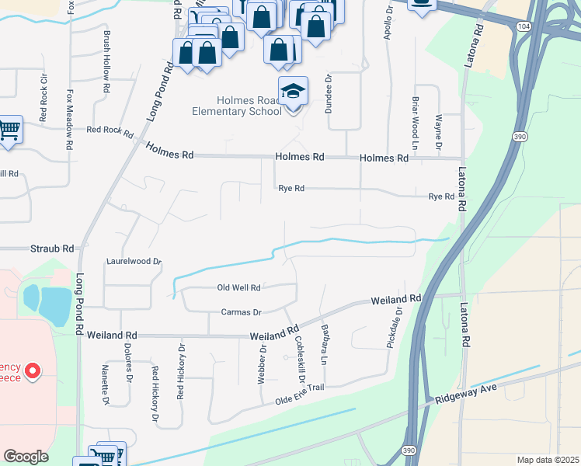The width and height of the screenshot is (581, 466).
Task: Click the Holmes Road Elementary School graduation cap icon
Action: [x=293, y=92]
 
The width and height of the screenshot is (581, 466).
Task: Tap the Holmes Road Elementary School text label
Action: [x=237, y=105]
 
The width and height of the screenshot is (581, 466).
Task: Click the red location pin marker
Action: [x=32, y=371]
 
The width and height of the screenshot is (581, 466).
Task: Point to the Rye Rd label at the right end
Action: [x=441, y=197]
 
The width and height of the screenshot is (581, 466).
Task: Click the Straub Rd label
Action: [x=52, y=249]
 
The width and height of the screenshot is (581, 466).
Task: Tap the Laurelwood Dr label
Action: [x=134, y=263]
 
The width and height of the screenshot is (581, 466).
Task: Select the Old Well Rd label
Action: [x=238, y=287]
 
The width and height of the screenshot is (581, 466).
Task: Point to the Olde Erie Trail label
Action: [x=299, y=394]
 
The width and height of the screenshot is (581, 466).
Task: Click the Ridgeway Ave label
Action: [x=464, y=395]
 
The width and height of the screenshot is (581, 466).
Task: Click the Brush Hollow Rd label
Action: [x=106, y=57]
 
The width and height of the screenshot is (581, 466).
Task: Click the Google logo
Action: [x=26, y=456]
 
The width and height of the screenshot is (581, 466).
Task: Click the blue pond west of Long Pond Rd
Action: [x=44, y=305]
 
